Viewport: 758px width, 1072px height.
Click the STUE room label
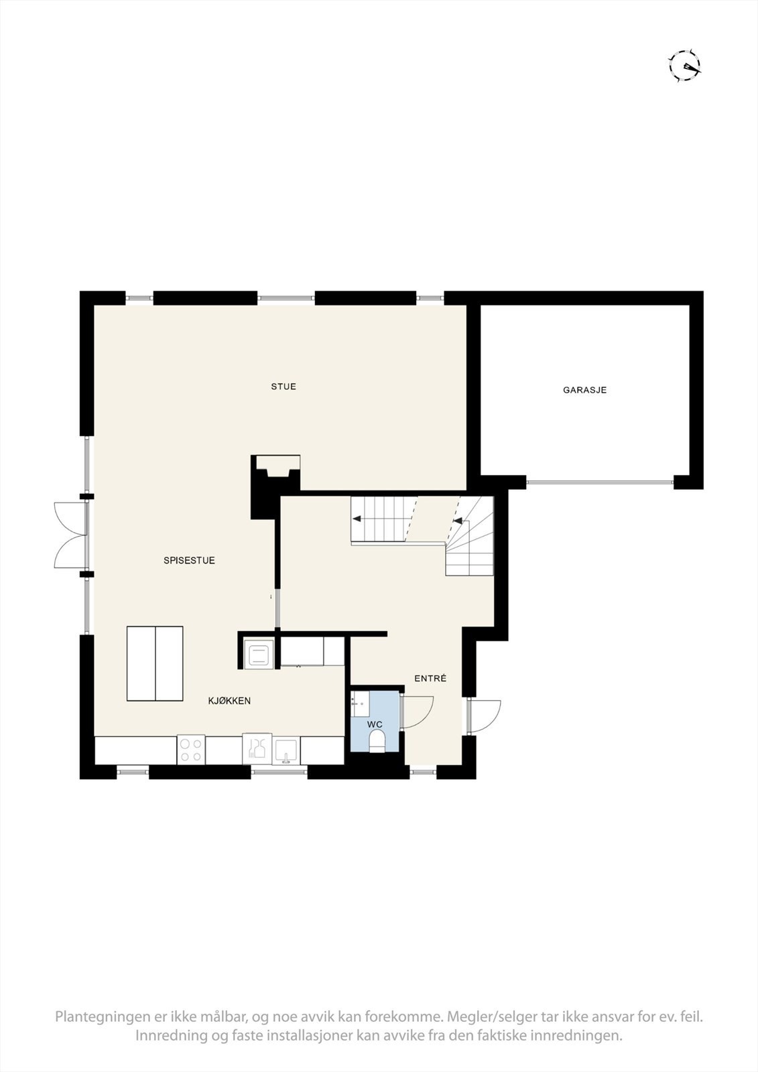[283, 387]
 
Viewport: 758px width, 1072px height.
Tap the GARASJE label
[584, 389]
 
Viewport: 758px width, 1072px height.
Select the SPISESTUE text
[189, 560]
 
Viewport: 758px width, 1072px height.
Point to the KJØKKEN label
[229, 701]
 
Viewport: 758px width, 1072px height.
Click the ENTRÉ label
[430, 679]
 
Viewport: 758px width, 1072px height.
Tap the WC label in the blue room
[375, 724]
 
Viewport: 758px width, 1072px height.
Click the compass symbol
[685, 66]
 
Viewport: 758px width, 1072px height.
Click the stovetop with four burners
[191, 750]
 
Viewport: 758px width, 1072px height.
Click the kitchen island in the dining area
[155, 663]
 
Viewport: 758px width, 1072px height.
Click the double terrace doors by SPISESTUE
[70, 534]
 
